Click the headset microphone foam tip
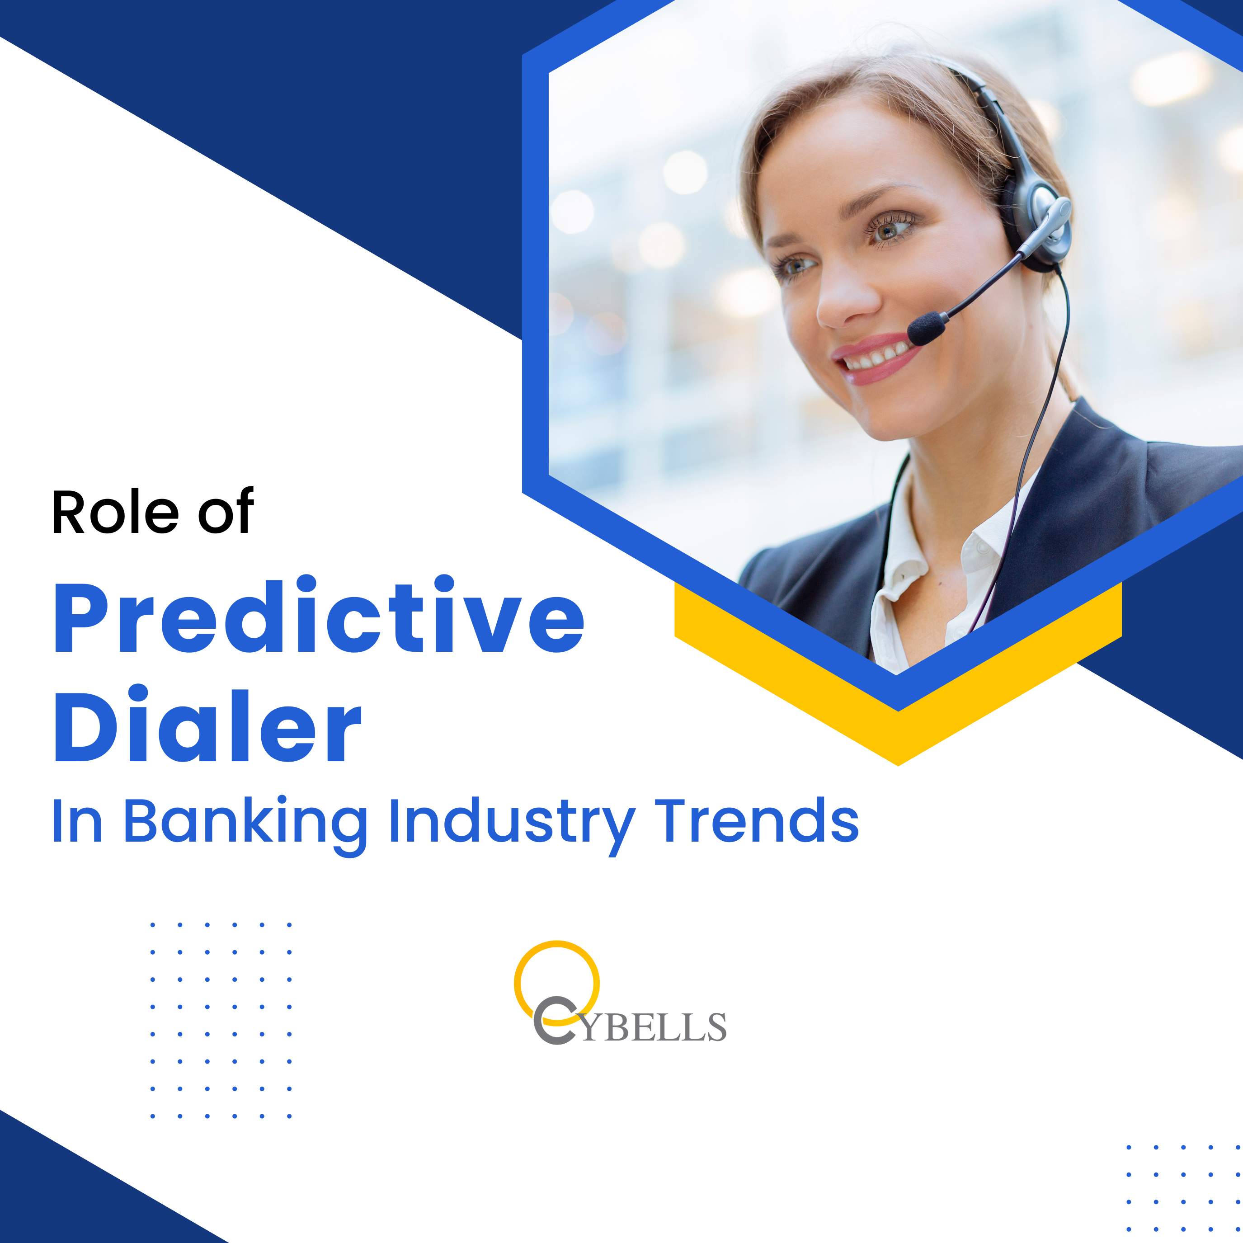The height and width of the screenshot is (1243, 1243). (927, 329)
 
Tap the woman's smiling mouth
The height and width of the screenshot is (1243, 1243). (877, 357)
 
